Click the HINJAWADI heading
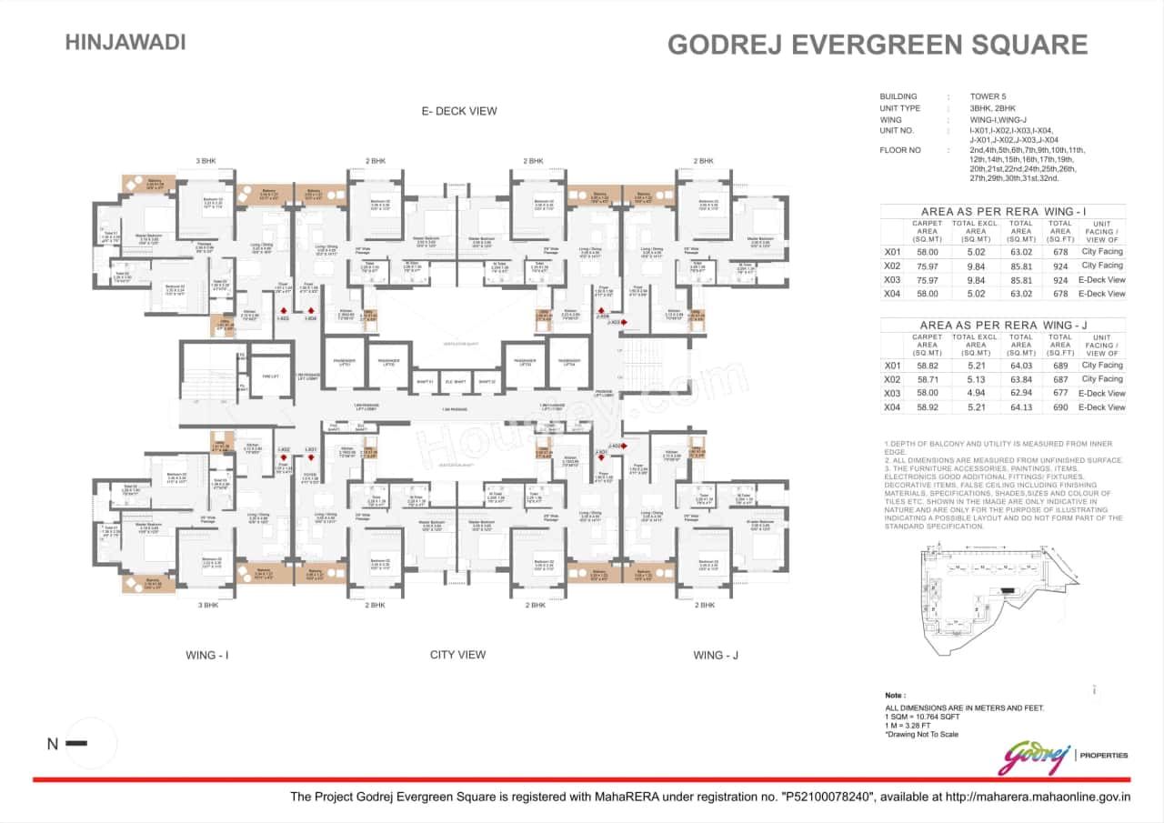click(x=125, y=42)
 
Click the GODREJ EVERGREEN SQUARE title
click(x=878, y=45)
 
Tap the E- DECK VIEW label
click(x=458, y=111)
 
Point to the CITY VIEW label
click(x=457, y=654)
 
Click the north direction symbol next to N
click(x=76, y=744)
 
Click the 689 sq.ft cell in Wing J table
click(x=1060, y=366)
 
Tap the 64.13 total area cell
click(x=1021, y=407)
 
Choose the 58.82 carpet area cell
click(x=927, y=366)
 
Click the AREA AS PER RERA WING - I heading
click(x=1002, y=210)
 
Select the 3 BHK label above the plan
click(x=206, y=161)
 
